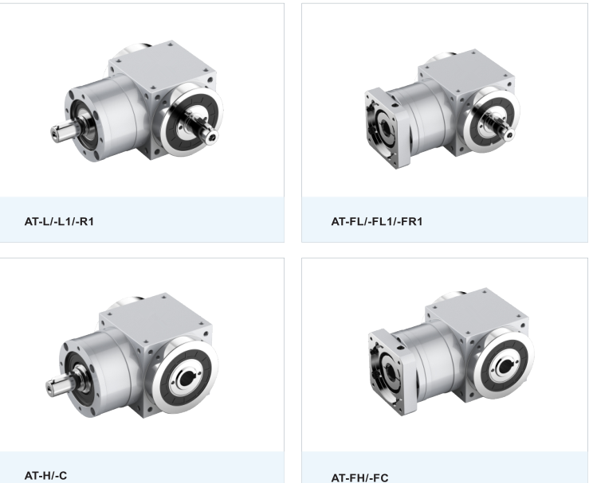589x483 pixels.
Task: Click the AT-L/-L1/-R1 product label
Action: tap(59, 222)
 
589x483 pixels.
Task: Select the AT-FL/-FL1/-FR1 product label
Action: tap(377, 222)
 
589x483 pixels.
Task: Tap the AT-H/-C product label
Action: tap(45, 476)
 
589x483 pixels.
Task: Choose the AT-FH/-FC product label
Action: tap(359, 477)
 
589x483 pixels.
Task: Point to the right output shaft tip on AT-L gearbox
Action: tap(211, 137)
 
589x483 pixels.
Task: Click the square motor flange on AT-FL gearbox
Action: tap(387, 128)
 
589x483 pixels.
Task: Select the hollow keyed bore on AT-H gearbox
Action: tap(187, 380)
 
